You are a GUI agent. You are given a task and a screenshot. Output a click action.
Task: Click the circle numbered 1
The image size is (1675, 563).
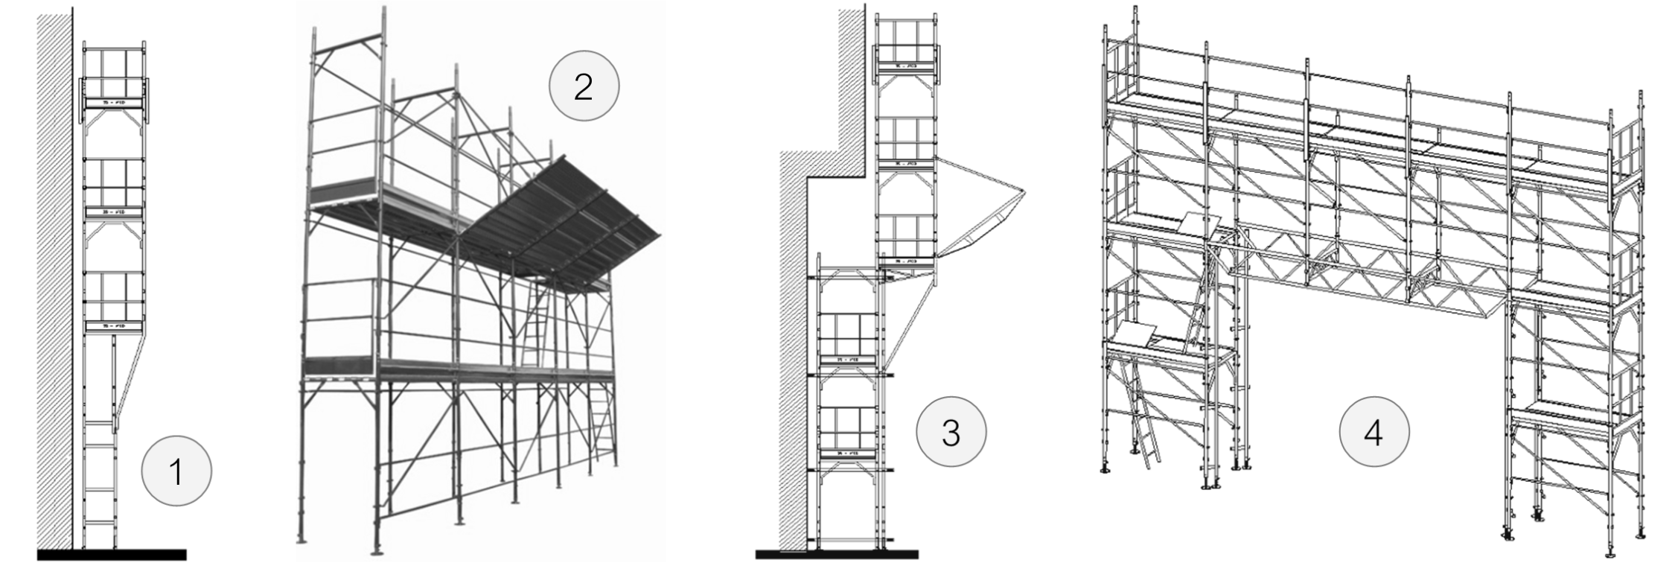pos(176,471)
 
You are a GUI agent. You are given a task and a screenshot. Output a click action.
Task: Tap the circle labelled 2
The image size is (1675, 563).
pos(584,87)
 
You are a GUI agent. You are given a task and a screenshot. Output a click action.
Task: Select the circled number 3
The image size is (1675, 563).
pos(951,433)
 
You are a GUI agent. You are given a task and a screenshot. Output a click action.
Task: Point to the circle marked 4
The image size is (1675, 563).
pos(1373,433)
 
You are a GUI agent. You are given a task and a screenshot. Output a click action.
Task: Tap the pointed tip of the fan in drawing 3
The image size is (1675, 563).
pos(1024,192)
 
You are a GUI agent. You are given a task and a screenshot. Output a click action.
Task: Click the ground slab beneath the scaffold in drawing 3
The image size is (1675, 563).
pos(836,555)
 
